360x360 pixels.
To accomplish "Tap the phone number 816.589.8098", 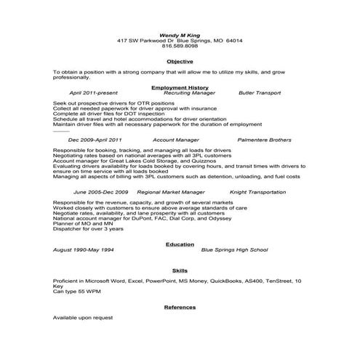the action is pyautogui.click(x=180, y=46).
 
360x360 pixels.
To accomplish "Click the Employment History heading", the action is pyautogui.click(x=180, y=87).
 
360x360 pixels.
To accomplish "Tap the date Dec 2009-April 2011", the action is pyautogui.click(x=95, y=139).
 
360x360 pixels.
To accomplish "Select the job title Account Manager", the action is pyautogui.click(x=177, y=139).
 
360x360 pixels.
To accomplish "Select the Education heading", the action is pyautogui.click(x=180, y=244).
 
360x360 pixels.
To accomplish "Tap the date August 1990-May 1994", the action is pyautogui.click(x=84, y=250).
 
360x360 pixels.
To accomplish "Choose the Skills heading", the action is pyautogui.click(x=180, y=270).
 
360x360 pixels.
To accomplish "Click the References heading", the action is pyautogui.click(x=180, y=308).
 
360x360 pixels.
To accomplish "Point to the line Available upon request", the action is pyautogui.click(x=83, y=318).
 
